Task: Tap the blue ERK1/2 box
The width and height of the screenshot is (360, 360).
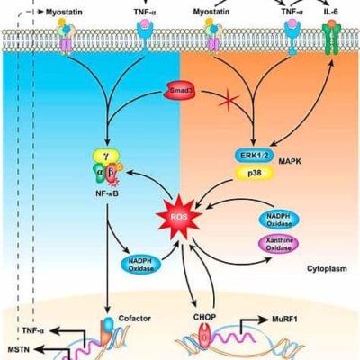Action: (x=255, y=156)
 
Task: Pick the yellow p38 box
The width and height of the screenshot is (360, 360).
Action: (x=255, y=173)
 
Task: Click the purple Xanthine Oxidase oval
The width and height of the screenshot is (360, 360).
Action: (x=279, y=244)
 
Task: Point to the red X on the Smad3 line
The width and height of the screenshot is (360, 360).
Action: (x=229, y=102)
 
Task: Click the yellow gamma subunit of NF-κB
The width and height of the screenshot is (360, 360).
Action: (x=106, y=156)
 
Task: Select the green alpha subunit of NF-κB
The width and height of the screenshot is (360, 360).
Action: (x=99, y=174)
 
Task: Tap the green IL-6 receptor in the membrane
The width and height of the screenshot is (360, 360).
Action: (x=331, y=38)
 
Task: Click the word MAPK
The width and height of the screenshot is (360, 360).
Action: (x=290, y=161)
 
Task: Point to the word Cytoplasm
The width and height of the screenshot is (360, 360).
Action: (x=327, y=268)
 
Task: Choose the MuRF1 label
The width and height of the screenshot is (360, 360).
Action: (x=284, y=319)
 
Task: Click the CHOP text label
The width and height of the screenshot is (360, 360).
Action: (x=205, y=317)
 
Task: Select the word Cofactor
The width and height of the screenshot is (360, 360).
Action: (x=135, y=318)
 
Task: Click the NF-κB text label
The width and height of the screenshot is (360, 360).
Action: (x=106, y=194)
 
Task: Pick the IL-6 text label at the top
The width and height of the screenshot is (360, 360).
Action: (x=331, y=12)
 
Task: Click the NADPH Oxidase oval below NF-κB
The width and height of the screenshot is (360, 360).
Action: (x=140, y=264)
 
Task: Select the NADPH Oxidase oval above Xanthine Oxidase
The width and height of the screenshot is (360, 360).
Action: (x=279, y=220)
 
